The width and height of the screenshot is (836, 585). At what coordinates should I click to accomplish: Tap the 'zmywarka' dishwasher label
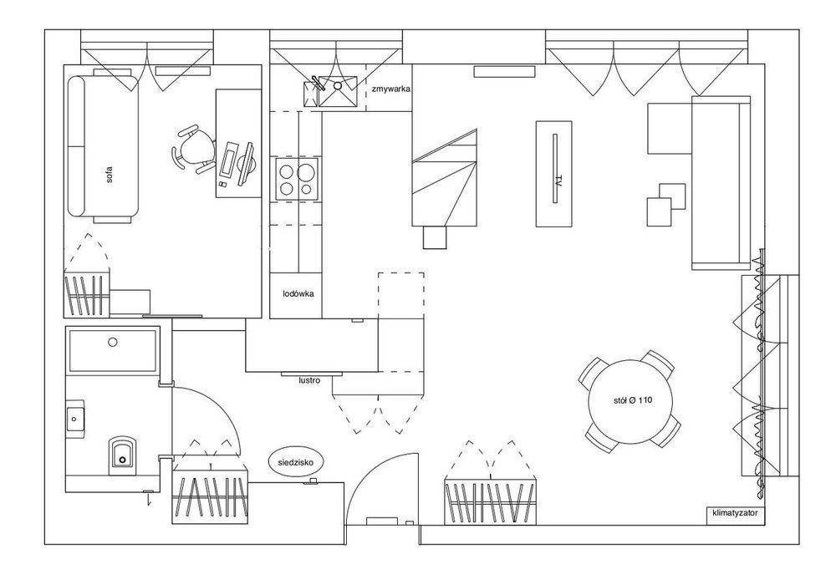click(391, 89)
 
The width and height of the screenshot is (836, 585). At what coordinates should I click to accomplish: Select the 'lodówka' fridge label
click(298, 293)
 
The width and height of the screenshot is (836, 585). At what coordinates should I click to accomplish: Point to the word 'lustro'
click(309, 380)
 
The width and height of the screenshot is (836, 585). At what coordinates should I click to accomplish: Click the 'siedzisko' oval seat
click(296, 462)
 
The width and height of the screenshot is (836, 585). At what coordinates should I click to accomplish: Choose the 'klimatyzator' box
click(735, 514)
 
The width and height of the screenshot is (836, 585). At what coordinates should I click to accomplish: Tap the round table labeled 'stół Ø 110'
click(630, 401)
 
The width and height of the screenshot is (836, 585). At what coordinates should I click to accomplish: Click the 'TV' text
click(558, 180)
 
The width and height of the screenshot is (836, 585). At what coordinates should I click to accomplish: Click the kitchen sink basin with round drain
click(338, 91)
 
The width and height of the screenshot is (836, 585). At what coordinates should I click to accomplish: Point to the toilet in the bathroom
click(123, 455)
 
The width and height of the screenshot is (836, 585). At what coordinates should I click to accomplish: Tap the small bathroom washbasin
click(75, 420)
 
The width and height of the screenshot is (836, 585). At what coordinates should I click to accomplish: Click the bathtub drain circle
click(112, 342)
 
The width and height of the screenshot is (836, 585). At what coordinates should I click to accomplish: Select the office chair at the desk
click(194, 149)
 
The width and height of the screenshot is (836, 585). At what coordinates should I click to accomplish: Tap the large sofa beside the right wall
click(721, 182)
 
